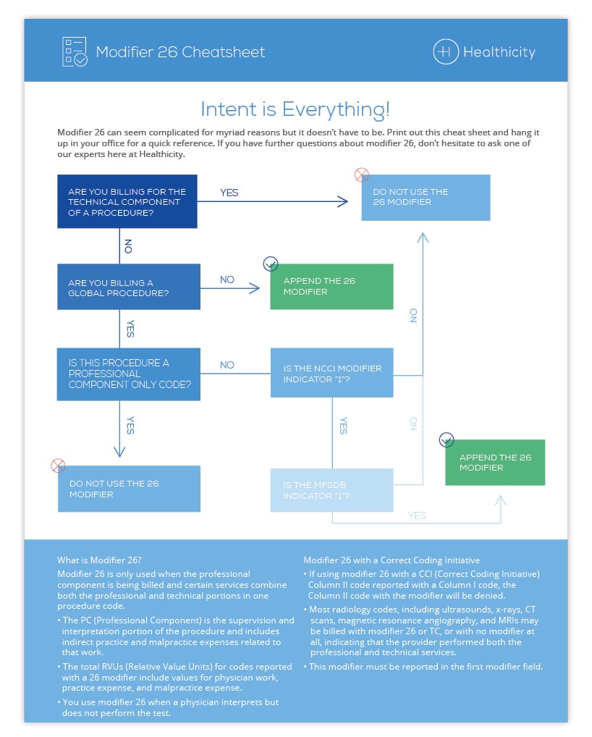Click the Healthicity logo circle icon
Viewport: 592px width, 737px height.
445,52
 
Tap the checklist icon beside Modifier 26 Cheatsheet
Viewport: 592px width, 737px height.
75,52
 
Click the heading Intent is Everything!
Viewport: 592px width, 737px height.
295,109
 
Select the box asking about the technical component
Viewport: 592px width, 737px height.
127,201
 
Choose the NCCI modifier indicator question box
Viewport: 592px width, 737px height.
331,374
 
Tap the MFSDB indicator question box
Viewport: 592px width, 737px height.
331,490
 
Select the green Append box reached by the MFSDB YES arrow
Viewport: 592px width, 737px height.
495,462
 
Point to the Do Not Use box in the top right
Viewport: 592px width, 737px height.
426,197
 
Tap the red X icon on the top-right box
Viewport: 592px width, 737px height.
361,174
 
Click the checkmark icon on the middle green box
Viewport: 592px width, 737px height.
271,264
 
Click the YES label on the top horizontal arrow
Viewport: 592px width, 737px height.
229,193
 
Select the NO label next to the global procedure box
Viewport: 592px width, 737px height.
227,279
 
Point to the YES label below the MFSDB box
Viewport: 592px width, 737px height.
417,515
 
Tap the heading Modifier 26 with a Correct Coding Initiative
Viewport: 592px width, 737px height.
391,560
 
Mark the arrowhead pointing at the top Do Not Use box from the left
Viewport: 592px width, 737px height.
344,202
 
